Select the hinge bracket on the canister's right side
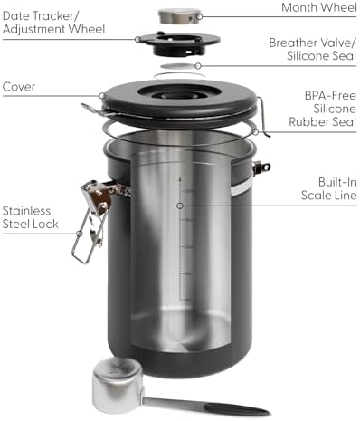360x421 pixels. click(261, 167)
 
